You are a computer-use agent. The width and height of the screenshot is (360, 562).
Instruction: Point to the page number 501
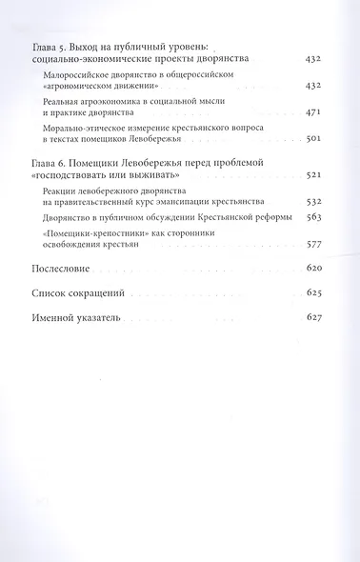316,140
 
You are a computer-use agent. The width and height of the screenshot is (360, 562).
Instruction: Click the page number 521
316,177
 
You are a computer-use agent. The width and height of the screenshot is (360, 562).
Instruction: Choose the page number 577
316,250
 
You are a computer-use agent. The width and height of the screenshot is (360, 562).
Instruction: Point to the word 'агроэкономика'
117,100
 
